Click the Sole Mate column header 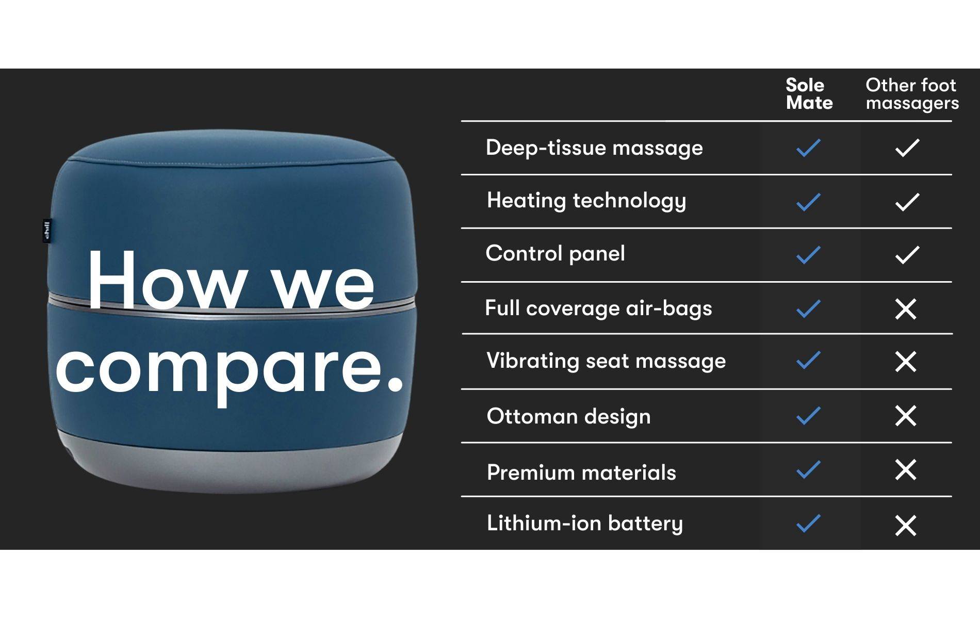809,94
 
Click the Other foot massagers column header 912,94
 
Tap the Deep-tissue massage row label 594,148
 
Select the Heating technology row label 586,201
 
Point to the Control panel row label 556,253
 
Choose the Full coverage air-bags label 598,308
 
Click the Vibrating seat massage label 606,361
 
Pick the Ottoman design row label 568,416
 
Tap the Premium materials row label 581,473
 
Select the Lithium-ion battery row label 585,524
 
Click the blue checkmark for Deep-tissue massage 808,148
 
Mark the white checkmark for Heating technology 907,202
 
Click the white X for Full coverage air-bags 906,309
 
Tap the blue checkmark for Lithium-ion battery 808,523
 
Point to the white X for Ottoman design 906,416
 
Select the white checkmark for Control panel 907,255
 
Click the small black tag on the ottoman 47,231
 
